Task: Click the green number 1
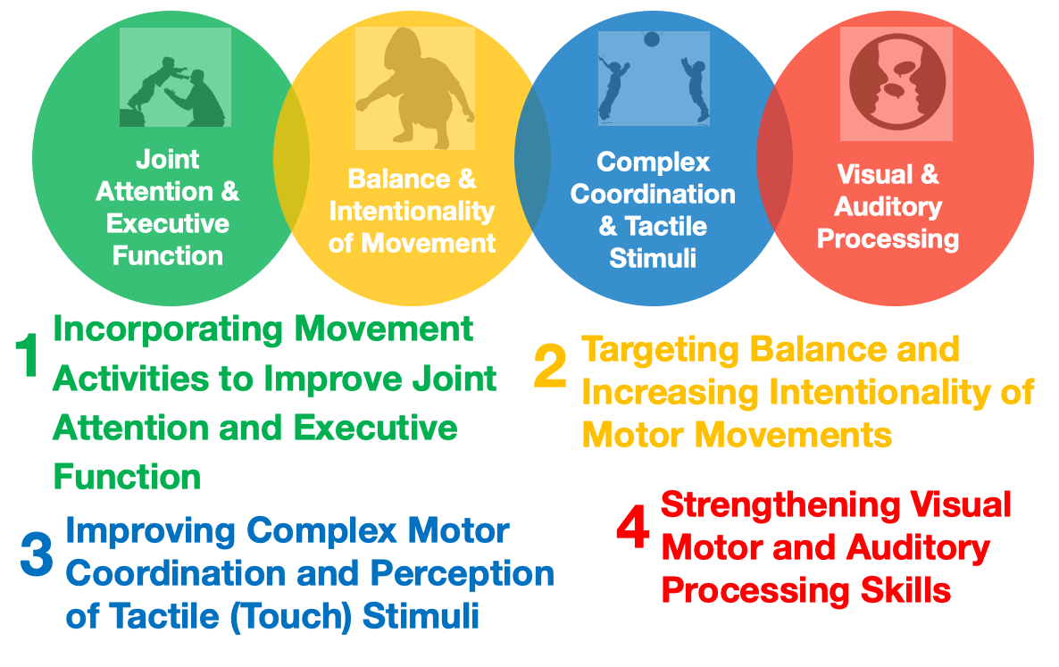tap(27, 355)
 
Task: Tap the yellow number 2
tap(550, 366)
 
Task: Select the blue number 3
tap(37, 554)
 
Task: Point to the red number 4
tap(633, 528)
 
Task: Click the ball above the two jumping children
tap(652, 39)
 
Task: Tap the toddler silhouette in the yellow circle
tap(414, 88)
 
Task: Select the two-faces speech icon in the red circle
tap(896, 81)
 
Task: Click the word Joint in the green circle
tap(168, 159)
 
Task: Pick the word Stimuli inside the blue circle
tap(653, 258)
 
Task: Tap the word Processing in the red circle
tap(888, 239)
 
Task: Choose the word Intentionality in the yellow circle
tap(412, 212)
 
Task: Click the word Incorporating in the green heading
tap(168, 330)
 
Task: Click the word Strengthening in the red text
tap(780, 506)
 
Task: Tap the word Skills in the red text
tap(905, 591)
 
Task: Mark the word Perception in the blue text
tap(462, 574)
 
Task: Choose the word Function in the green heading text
tap(127, 478)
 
